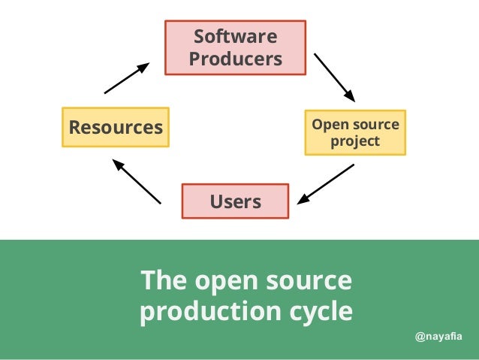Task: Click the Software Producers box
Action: tap(235, 47)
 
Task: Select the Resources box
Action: tap(116, 127)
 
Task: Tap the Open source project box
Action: tap(355, 133)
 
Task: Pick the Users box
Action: tap(235, 201)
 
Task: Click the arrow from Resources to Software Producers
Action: tap(126, 78)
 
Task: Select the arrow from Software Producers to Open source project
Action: tap(333, 77)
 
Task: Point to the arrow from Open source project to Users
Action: tap(326, 184)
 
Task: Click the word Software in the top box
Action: tap(235, 37)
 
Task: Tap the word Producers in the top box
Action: tap(235, 59)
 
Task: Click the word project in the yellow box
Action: tap(355, 141)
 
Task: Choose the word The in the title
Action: tap(161, 281)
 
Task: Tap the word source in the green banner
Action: tap(309, 281)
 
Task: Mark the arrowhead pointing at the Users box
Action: tap(303, 199)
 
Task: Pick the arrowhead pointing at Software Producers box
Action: tap(143, 67)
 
